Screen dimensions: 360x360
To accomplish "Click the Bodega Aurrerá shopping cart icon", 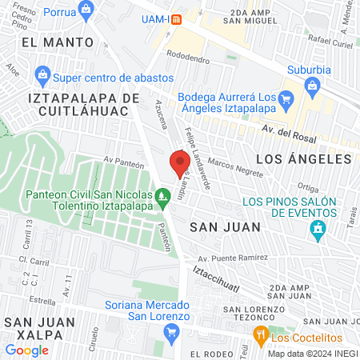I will (289, 102).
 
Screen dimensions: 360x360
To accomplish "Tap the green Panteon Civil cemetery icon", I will (163, 194).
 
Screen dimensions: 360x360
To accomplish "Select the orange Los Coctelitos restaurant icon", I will (259, 334).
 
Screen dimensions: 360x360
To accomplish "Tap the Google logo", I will (26, 350).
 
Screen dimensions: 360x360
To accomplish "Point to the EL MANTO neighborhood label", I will (51, 40).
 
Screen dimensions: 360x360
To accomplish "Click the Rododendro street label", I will (188, 58).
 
